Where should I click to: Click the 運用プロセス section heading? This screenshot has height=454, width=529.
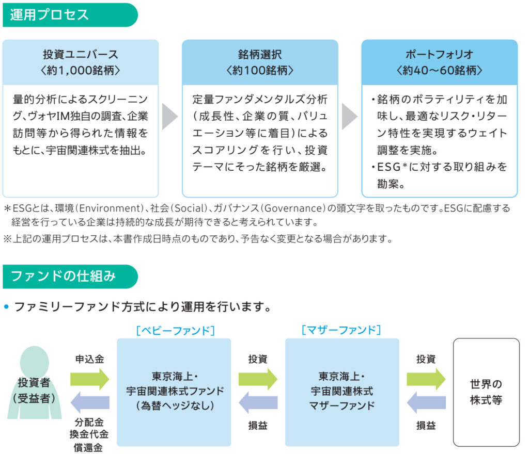click(49, 14)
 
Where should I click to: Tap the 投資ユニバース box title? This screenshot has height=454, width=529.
click(81, 54)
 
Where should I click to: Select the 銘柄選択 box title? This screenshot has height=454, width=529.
click(260, 54)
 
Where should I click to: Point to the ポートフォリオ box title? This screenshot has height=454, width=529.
click(440, 54)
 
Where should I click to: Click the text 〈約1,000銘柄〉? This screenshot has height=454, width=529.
click(81, 70)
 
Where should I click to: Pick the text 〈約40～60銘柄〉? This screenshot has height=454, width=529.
click(440, 70)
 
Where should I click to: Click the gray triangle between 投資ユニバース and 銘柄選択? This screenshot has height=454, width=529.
click(169, 117)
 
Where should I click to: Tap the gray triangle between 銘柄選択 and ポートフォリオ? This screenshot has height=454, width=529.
click(349, 117)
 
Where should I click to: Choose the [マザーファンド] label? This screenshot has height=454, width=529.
click(341, 330)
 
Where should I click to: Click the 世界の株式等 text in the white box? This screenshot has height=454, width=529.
click(486, 392)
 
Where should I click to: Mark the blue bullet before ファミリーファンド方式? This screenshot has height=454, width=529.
click(7, 307)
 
